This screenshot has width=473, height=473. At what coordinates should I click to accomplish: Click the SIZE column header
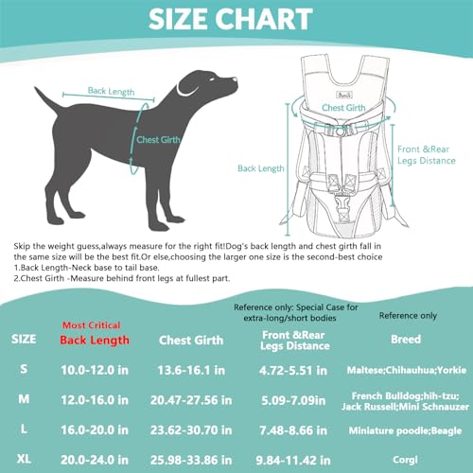pyautogui.click(x=25, y=339)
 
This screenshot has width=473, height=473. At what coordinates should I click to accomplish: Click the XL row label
pyautogui.click(x=25, y=460)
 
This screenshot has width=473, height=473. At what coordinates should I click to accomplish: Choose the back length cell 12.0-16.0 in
pyautogui.click(x=94, y=400)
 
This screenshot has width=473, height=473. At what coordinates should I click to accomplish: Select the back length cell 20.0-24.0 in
pyautogui.click(x=94, y=460)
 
